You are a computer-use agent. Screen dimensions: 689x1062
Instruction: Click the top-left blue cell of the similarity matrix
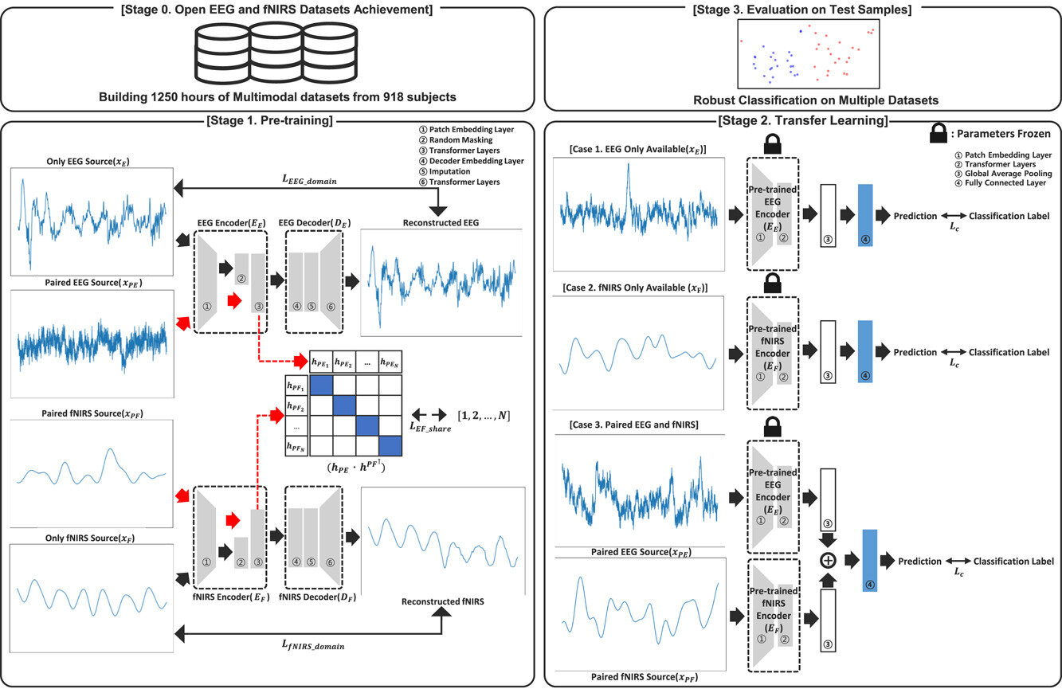click(321, 384)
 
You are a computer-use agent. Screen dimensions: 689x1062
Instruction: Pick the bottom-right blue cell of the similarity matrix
click(390, 444)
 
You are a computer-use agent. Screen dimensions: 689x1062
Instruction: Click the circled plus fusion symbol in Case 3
click(828, 561)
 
